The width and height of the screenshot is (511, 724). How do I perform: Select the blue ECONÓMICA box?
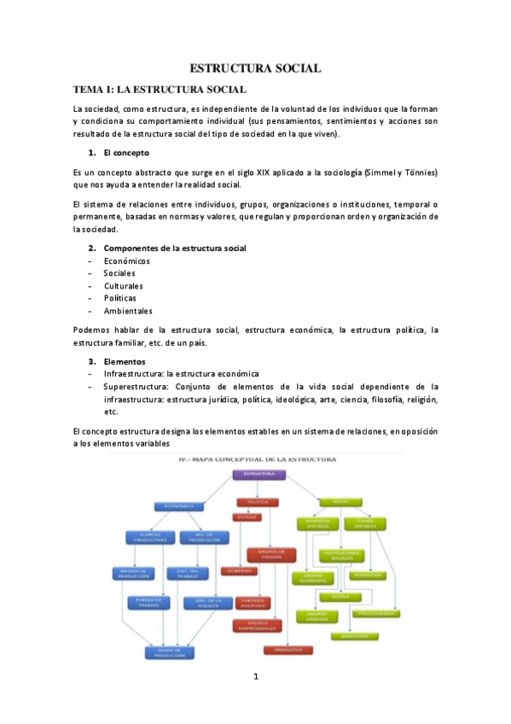[x=179, y=506]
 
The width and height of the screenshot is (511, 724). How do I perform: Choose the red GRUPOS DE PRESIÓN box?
[x=270, y=554]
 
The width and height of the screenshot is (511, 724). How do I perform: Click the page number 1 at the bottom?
[x=255, y=677]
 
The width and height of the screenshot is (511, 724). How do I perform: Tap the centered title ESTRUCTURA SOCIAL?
[x=254, y=67]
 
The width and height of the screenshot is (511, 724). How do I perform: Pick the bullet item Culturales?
[x=124, y=286]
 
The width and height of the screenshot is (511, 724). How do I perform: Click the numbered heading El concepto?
[x=125, y=153]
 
